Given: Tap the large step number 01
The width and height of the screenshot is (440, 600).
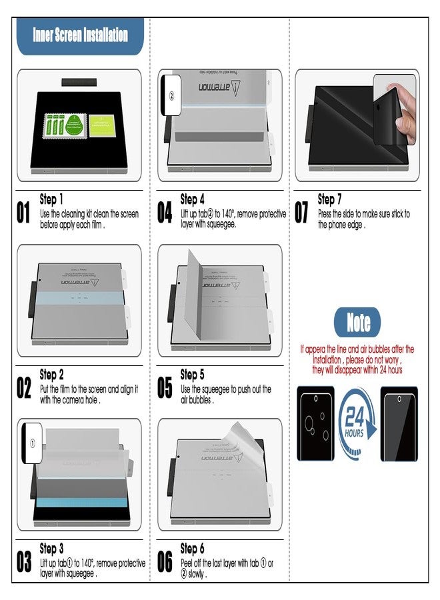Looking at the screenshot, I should tap(24, 213).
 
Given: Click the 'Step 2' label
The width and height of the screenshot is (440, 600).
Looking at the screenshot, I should tap(52, 375).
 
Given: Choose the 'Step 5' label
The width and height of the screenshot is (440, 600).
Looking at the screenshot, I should tap(193, 375).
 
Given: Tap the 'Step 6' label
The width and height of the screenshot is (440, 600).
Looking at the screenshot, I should tap(193, 549).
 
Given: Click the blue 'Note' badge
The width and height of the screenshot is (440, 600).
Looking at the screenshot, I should tap(358, 323).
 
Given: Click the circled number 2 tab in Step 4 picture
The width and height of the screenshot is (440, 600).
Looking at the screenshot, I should tap(171, 96).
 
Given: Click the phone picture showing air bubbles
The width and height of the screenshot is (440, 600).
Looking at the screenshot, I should tap(316, 423).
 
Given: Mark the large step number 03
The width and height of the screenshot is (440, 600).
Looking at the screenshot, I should tap(24, 562).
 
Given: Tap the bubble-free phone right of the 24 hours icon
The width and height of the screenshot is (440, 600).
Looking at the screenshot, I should tap(399, 423).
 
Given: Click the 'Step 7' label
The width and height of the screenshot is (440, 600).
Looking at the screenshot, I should tap(330, 199).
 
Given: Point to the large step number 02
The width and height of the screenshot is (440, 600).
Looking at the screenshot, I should tap(24, 388).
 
